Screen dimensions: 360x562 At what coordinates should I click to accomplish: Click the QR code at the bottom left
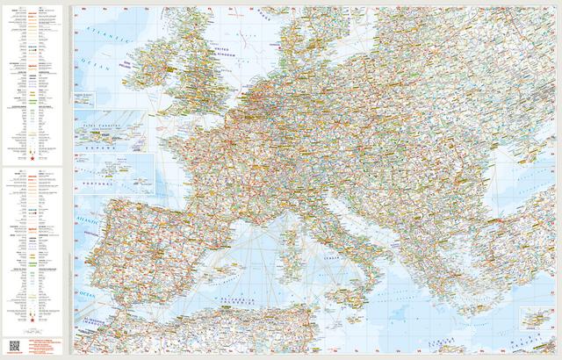16,342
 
